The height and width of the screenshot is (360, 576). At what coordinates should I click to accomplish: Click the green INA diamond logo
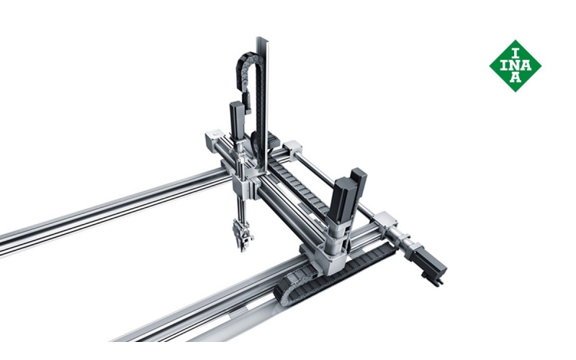(516, 66)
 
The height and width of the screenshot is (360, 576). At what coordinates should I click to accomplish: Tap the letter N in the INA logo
(516, 66)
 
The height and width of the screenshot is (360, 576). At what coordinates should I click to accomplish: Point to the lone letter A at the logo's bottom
(516, 77)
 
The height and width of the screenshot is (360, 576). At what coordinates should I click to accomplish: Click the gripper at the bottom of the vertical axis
(242, 235)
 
